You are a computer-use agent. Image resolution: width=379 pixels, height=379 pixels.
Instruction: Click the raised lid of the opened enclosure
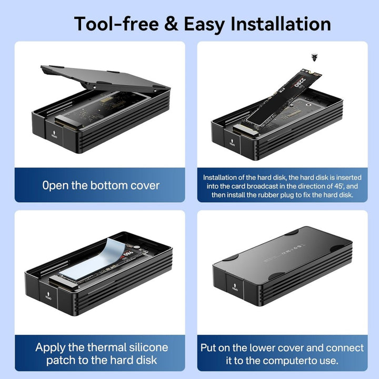coord(105,78)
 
